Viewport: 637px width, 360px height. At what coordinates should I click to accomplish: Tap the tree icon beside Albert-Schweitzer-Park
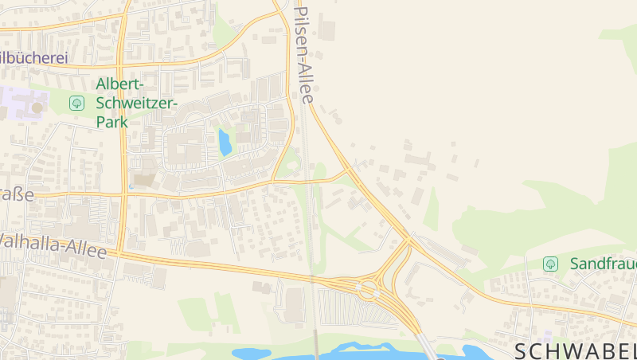coord(76,103)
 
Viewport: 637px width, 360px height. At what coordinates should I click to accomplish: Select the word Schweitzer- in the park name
coord(136,103)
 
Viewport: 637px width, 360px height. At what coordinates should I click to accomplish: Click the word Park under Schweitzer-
coord(112,122)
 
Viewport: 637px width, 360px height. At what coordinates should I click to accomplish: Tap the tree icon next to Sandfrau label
coord(549,264)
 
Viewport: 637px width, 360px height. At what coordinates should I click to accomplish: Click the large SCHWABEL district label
coord(575,350)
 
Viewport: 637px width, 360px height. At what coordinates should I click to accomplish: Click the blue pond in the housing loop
coord(225,143)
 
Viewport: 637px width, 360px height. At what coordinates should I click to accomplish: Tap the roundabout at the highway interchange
coord(369,288)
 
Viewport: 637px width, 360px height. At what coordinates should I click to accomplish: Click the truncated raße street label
coord(17,194)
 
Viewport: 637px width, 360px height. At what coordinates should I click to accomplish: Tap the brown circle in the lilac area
coord(37,108)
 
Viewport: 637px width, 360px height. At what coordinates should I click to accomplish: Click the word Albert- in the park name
coord(119,84)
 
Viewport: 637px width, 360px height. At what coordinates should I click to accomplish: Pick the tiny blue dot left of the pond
coord(131,186)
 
